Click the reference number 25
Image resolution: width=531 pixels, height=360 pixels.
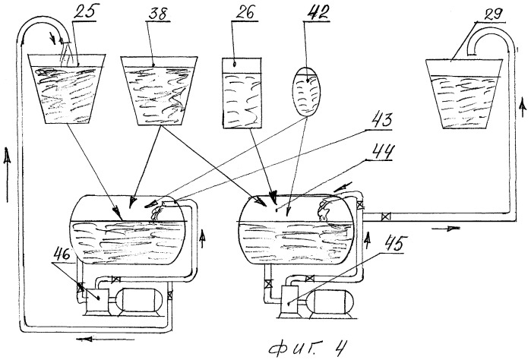tap(84, 12)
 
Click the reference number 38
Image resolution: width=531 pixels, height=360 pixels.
tap(159, 14)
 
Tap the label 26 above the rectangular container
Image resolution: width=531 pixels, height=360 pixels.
tap(245, 13)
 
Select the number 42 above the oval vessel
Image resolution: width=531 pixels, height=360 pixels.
tap(318, 13)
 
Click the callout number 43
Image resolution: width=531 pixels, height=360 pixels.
tap(381, 121)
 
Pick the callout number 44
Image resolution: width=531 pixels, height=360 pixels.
tap(382, 151)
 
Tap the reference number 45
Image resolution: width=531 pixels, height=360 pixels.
tap(397, 244)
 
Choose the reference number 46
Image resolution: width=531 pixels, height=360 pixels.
tap(62, 254)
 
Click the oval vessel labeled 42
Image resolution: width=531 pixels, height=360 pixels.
tap(306, 91)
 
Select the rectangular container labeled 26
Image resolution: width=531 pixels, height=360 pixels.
tap(242, 93)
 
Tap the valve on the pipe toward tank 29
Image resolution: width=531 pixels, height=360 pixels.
tap(385, 216)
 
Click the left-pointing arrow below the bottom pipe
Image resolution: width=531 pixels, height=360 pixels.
tap(105, 339)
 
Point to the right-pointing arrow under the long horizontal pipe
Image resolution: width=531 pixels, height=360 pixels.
tap(446, 229)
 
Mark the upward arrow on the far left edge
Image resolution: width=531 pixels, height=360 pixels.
tap(7, 175)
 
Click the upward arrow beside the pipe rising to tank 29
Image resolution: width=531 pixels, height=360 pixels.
tap(523, 109)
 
